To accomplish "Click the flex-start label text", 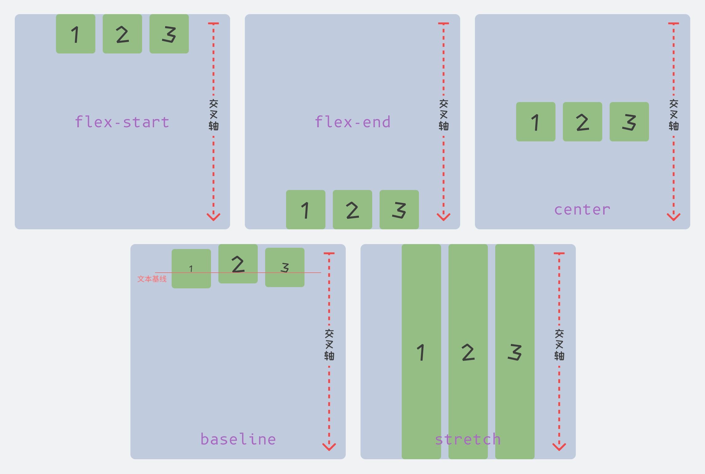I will pos(122,122).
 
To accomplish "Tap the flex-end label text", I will pos(352,122).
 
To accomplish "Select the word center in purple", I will pos(582,210).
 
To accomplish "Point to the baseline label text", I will pos(238,439).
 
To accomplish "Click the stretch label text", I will pos(468,439).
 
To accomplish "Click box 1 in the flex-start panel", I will pos(76,34).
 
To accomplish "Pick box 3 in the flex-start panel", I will pos(169,34).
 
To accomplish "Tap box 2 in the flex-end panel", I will pos(352,210).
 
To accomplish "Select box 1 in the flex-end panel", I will pos(306,210).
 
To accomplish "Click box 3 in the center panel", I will pos(629,122).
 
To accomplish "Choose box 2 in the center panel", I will pos(583,122).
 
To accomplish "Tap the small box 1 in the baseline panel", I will pos(191,269).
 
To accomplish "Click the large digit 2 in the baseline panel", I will pos(238,264).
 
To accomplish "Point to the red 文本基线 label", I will pos(152,279).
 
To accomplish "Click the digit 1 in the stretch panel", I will pos(421,352).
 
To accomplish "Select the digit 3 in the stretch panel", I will pos(515,352).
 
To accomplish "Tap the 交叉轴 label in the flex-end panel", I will pos(444,115).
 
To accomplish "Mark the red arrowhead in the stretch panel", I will pos(559,446).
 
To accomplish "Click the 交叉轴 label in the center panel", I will pos(674,115).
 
